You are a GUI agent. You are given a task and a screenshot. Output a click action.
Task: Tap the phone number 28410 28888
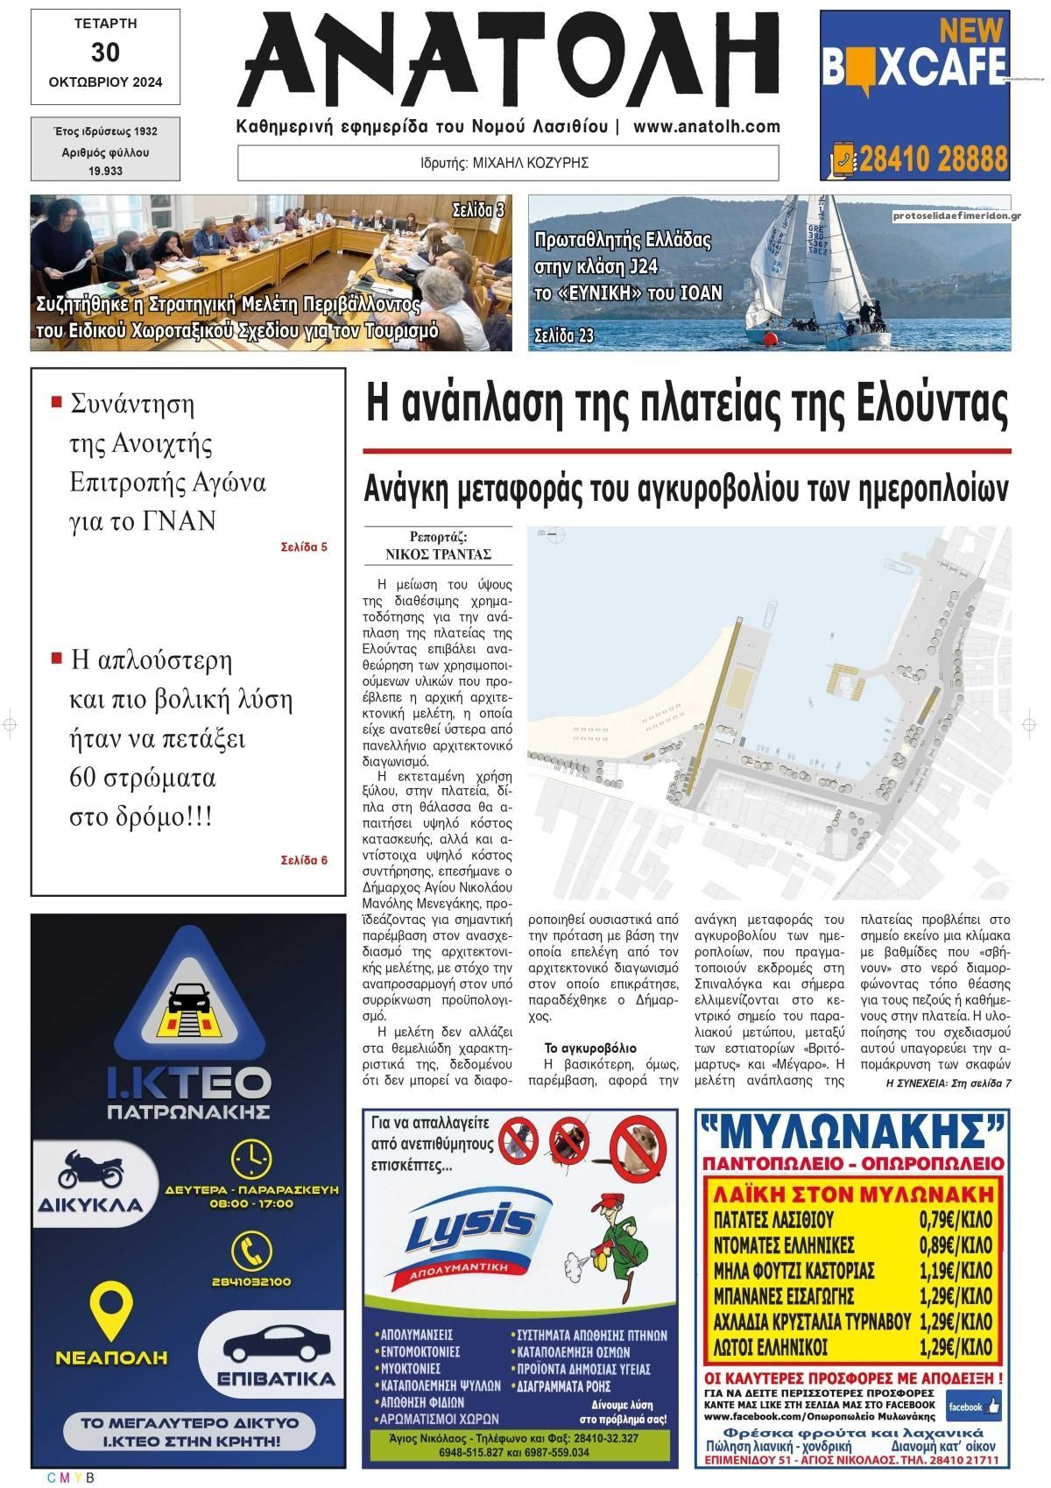pos(933,159)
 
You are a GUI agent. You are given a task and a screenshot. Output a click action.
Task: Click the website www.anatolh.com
pos(706,126)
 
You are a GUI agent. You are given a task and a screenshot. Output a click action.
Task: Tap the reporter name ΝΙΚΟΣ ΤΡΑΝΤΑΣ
pos(438,554)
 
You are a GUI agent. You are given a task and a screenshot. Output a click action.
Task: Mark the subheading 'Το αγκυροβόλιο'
pos(589,1048)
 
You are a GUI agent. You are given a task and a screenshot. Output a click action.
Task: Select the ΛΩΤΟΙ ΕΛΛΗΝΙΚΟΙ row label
pos(771,1346)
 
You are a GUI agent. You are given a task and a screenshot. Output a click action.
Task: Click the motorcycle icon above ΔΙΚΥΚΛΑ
pos(90,1168)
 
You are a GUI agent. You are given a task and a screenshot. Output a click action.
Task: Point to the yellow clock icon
pos(251,1159)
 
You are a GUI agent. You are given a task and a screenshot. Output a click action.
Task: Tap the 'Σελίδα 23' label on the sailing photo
pos(564,335)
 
